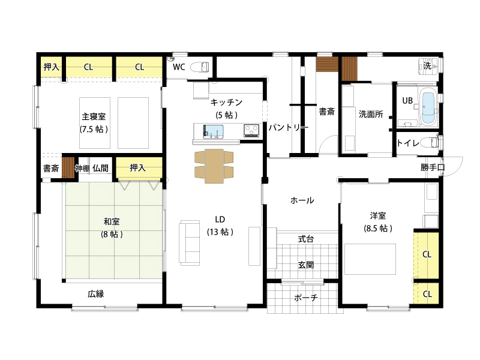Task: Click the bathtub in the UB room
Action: click(428, 107)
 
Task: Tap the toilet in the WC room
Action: click(200, 67)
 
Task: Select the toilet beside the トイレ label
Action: click(430, 142)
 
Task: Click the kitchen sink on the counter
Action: click(213, 131)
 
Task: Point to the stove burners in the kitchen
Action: click(251, 131)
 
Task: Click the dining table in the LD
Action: click(214, 166)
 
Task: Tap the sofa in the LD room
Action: click(190, 242)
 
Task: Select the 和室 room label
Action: click(112, 221)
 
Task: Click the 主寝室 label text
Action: click(94, 116)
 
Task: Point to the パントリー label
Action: click(289, 127)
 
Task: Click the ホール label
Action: click(302, 200)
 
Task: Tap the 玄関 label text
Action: click(306, 265)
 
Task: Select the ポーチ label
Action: click(306, 298)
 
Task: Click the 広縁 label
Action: click(96, 294)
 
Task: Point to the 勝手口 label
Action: click(432, 167)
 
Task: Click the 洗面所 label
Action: click(371, 114)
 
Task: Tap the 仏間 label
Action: click(100, 168)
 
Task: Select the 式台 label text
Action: click(306, 239)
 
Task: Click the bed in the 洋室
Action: click(370, 259)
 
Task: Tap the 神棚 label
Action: click(82, 169)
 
